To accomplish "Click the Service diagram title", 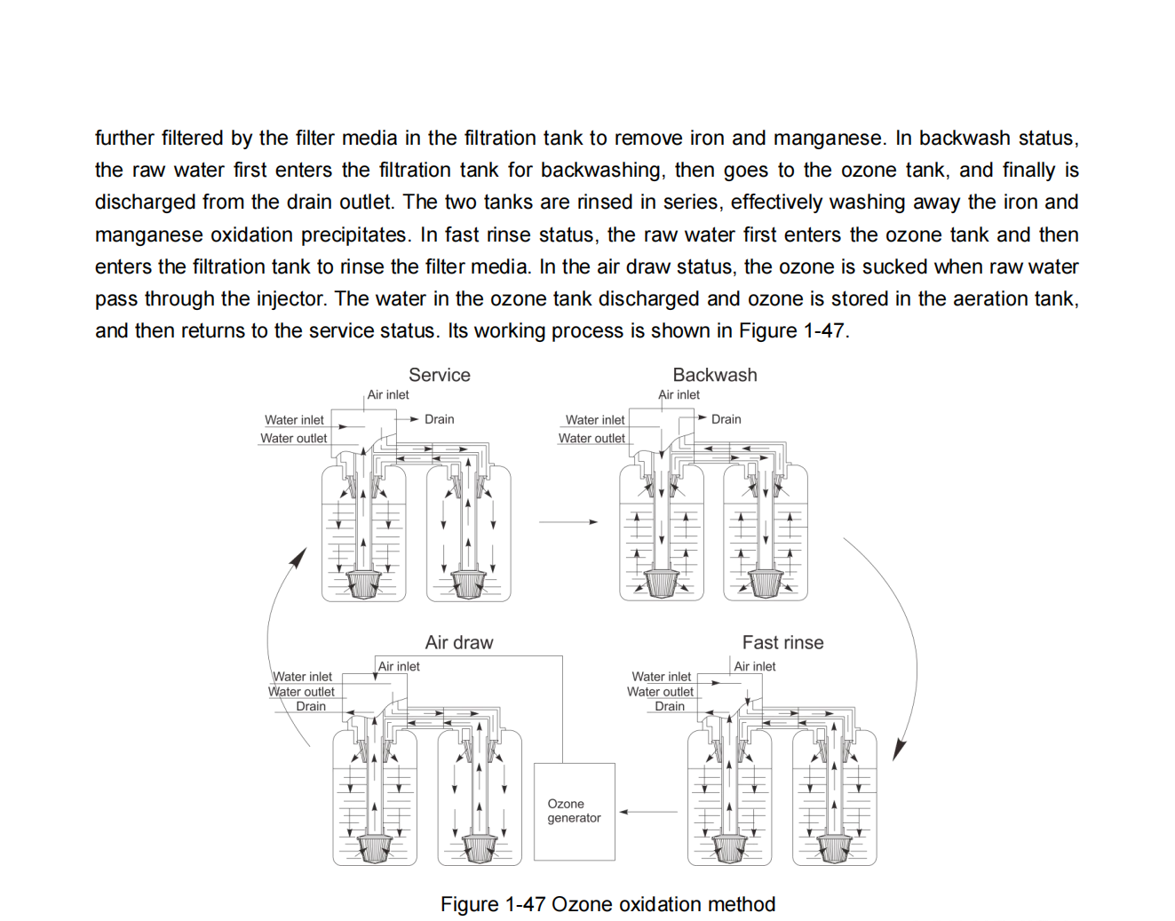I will [x=439, y=375].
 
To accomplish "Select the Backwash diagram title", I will [x=714, y=375].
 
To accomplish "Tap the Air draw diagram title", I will [x=458, y=642].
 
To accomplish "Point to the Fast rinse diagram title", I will [x=782, y=642].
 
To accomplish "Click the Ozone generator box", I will [x=574, y=811].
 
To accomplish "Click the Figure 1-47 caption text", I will [x=607, y=904].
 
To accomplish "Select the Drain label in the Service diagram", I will [x=439, y=419].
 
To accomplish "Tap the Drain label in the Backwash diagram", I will [x=726, y=419].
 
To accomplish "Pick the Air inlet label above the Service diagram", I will [x=388, y=394].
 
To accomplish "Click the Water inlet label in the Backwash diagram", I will [x=595, y=420].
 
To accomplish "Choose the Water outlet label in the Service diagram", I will [x=293, y=438].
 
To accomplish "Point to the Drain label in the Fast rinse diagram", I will [x=670, y=706].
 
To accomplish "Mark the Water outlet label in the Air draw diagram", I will [x=301, y=692].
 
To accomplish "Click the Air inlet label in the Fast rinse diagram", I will [x=754, y=666].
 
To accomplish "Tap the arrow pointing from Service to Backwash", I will [x=568, y=522].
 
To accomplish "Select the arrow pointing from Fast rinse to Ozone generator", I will [x=648, y=812].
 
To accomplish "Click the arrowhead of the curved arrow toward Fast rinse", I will [x=898, y=750].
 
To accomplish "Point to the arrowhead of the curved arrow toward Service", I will [x=299, y=557].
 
